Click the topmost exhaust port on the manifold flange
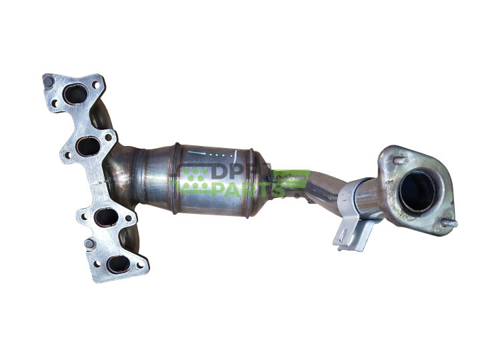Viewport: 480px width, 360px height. point(75,95)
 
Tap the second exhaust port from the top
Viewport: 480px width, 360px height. point(88,145)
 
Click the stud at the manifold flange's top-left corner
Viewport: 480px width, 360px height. point(48,81)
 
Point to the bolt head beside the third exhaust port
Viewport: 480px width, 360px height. point(88,244)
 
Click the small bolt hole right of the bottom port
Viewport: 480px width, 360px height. point(139,265)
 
